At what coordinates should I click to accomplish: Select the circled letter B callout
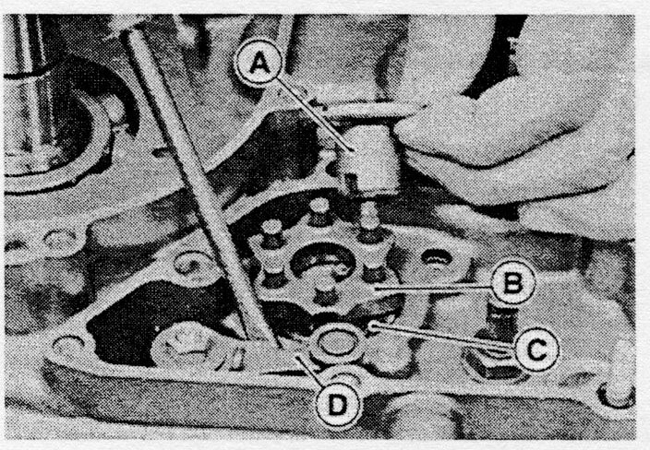[512, 284]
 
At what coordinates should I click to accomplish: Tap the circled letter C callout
[536, 349]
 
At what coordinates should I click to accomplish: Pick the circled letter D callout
[337, 406]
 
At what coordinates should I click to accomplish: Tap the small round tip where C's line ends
[373, 326]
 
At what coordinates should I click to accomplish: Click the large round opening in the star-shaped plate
[322, 260]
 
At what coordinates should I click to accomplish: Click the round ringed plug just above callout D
[337, 345]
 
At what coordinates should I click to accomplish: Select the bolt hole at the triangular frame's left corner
[67, 345]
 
